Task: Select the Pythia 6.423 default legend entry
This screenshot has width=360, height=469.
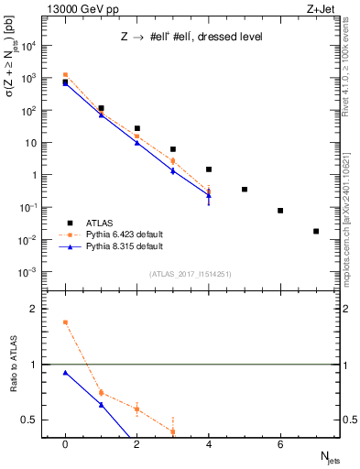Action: tap(119, 234)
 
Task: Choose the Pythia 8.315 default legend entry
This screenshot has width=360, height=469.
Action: tap(119, 246)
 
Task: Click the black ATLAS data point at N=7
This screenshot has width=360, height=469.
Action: tap(316, 231)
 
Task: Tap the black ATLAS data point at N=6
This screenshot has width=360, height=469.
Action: tap(280, 211)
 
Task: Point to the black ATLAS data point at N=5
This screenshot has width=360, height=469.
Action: tap(245, 190)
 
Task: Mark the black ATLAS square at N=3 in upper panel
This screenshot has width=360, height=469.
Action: tap(173, 149)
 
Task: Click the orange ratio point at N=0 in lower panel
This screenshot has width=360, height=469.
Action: tap(65, 322)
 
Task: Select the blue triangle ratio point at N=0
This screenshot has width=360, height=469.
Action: tap(65, 373)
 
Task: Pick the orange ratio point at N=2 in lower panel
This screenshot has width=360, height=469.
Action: tap(136, 409)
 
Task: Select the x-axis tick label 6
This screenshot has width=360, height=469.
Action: tap(280, 445)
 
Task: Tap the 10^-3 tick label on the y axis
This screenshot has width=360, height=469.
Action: tap(27, 272)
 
